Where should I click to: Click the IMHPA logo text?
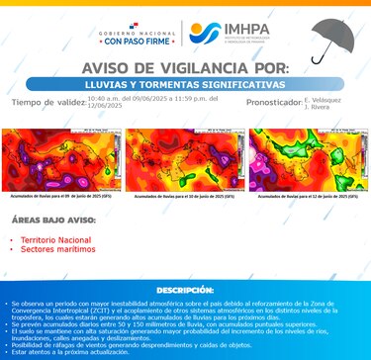[x=242, y=33]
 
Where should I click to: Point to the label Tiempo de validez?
[x=46, y=102]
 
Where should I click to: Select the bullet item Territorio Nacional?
[x=52, y=240]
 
